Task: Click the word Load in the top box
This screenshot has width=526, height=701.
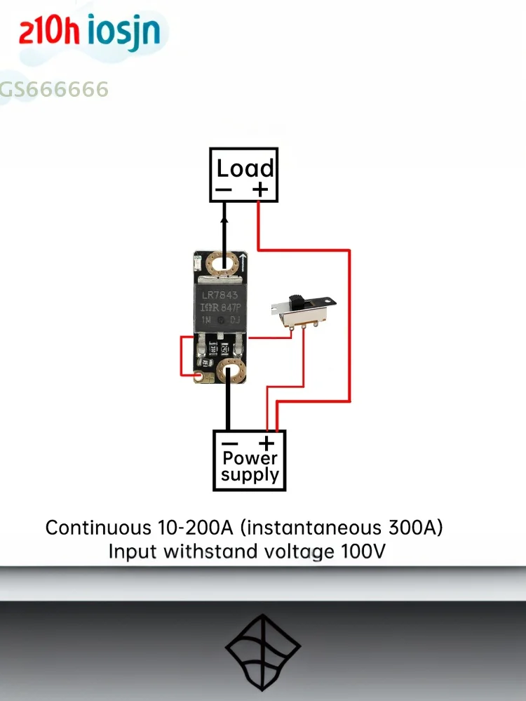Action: point(244,168)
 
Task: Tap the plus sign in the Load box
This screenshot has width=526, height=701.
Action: point(260,189)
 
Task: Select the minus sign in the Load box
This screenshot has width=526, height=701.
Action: point(223,189)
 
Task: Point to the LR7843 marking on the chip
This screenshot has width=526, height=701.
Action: point(220,295)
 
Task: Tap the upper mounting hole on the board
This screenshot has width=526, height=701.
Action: point(224,265)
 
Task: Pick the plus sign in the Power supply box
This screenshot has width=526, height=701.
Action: point(267,443)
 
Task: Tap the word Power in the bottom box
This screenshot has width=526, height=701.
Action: point(250,459)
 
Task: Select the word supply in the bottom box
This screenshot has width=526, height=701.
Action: point(250,475)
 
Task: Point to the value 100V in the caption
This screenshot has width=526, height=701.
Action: point(363,552)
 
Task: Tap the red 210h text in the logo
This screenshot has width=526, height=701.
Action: point(49,32)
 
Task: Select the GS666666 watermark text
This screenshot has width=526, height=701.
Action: point(55,89)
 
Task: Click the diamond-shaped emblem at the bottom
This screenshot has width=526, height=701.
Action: point(263,650)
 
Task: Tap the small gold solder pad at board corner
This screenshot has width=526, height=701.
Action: point(199,377)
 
